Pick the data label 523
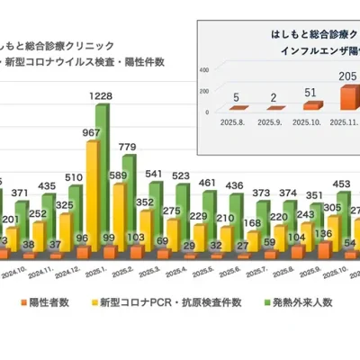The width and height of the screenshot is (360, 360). click(180, 175)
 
